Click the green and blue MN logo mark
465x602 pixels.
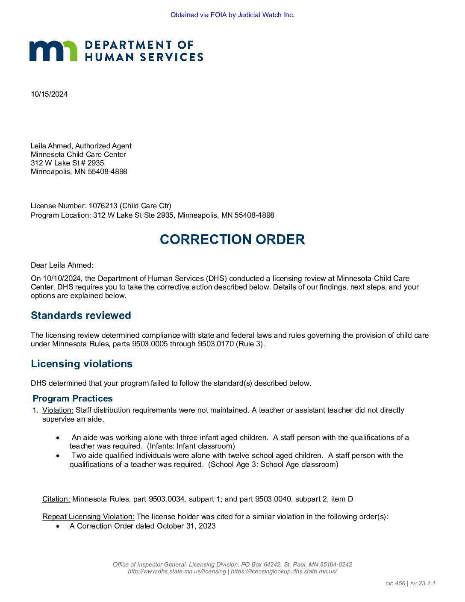pyautogui.click(x=53, y=51)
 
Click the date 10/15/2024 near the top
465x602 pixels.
pyautogui.click(x=49, y=94)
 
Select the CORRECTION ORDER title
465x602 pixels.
pyautogui.click(x=232, y=239)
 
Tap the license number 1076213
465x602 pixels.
pyautogui.click(x=103, y=206)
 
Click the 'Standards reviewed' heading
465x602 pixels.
pyautogui.click(x=81, y=316)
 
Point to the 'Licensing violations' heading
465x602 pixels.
pyautogui.click(x=82, y=364)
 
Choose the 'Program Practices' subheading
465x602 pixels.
pyautogui.click(x=73, y=398)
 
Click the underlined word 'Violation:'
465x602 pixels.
pyautogui.click(x=58, y=410)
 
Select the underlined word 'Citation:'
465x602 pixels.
pyautogui.click(x=56, y=499)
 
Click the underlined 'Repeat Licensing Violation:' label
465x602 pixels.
pyautogui.click(x=88, y=516)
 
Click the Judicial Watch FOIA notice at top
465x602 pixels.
pyautogui.click(x=232, y=15)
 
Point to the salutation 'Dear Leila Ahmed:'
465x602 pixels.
pyautogui.click(x=62, y=265)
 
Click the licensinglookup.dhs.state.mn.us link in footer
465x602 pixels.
pyautogui.click(x=284, y=571)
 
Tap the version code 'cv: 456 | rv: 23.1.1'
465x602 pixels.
pyautogui.click(x=410, y=583)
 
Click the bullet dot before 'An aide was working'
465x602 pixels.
pyautogui.click(x=58, y=438)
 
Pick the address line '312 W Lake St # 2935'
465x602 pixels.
pyautogui.click(x=67, y=163)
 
